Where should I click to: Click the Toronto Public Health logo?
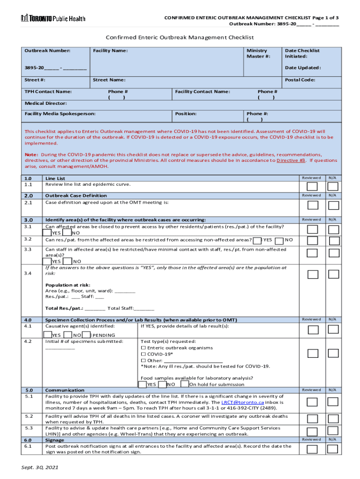click(x=53, y=18)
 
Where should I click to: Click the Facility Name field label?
click(x=110, y=51)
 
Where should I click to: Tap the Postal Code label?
click(x=300, y=80)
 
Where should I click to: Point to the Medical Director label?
click(x=45, y=103)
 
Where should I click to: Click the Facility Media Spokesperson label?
click(x=60, y=114)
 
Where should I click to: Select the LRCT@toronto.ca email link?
click(x=243, y=402)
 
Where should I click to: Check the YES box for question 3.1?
click(x=47, y=233)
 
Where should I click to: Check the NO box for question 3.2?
click(x=280, y=240)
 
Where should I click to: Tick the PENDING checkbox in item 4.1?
click(x=87, y=335)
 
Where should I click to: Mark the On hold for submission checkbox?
click(x=184, y=385)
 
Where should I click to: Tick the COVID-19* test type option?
click(x=143, y=354)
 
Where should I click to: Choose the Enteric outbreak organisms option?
click(x=143, y=348)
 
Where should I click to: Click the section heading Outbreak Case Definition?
click(x=76, y=196)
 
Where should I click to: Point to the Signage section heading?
click(x=55, y=440)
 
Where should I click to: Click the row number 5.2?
click(x=29, y=416)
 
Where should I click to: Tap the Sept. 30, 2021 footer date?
click(x=40, y=468)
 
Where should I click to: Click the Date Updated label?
click(x=302, y=68)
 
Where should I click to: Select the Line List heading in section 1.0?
click(x=55, y=178)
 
